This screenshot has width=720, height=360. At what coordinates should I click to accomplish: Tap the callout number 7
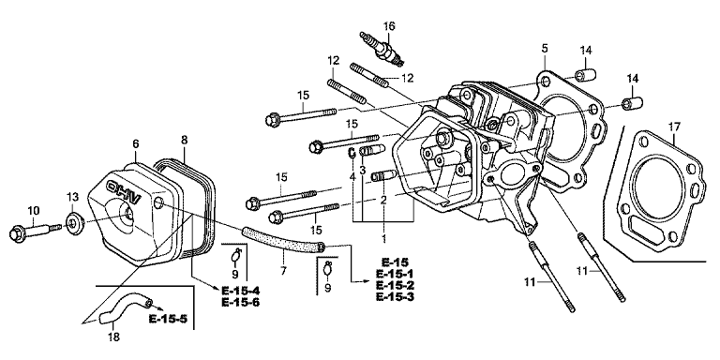pyautogui.click(x=283, y=271)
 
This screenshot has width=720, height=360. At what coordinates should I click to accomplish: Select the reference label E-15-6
pyautogui.click(x=240, y=302)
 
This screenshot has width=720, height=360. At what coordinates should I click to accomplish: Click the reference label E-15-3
pyautogui.click(x=395, y=296)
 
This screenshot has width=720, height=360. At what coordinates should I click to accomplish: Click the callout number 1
pyautogui.click(x=383, y=238)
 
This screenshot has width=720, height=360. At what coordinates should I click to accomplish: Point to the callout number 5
pyautogui.click(x=545, y=48)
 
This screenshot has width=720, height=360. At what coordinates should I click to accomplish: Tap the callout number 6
pyautogui.click(x=135, y=143)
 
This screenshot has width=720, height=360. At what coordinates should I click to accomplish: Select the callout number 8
pyautogui.click(x=184, y=140)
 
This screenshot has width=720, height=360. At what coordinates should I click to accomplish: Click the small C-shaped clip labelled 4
pyautogui.click(x=352, y=154)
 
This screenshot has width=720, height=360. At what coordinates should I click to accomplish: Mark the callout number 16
pyautogui.click(x=389, y=26)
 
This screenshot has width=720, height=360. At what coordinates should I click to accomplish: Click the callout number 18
pyautogui.click(x=113, y=337)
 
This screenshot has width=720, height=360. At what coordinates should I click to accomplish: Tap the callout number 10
pyautogui.click(x=34, y=210)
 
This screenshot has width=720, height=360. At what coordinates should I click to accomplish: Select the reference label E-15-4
pyautogui.click(x=240, y=291)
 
